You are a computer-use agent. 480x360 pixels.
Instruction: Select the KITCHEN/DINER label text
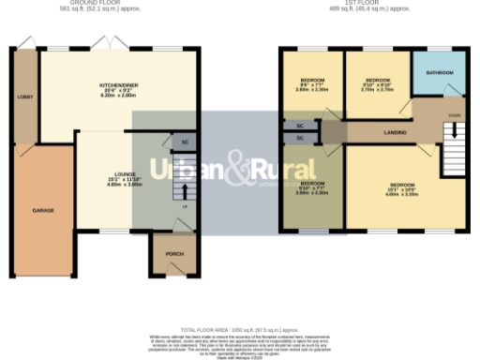[119, 85]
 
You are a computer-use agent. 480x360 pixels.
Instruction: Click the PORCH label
[174, 253]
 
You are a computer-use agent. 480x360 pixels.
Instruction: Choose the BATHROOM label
[440, 72]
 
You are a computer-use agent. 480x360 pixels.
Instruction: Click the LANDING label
[395, 133]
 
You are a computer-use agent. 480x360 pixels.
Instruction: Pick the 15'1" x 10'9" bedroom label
[402, 185]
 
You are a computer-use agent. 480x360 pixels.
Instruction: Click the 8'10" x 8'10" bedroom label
[377, 81]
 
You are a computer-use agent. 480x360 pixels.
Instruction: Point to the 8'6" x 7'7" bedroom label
[312, 81]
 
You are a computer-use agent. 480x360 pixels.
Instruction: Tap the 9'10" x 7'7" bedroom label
[312, 183]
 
